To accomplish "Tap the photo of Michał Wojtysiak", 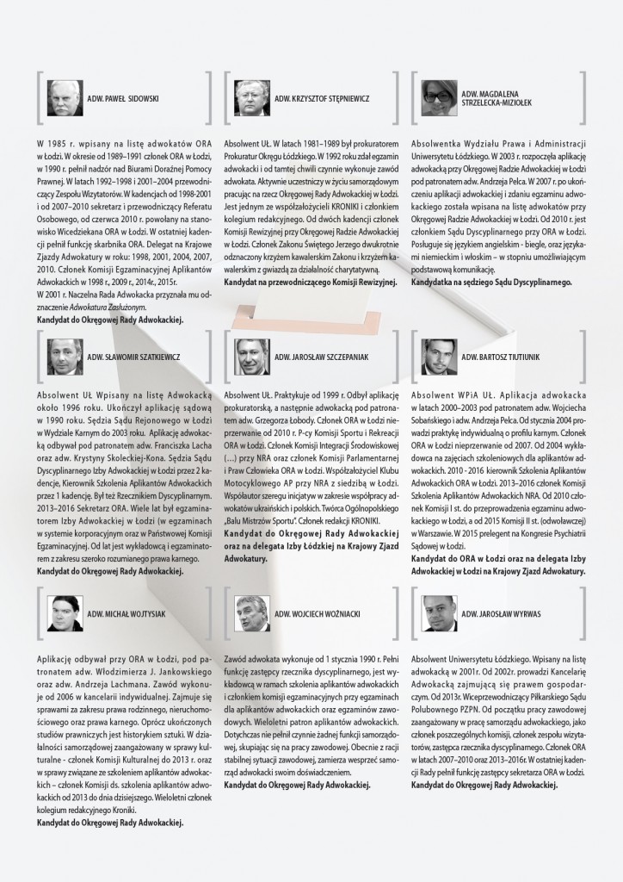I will [65, 613].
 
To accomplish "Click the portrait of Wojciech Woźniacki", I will [251, 613].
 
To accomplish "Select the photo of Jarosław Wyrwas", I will [438, 613].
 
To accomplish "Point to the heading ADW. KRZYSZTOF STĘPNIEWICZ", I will [322, 98].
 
